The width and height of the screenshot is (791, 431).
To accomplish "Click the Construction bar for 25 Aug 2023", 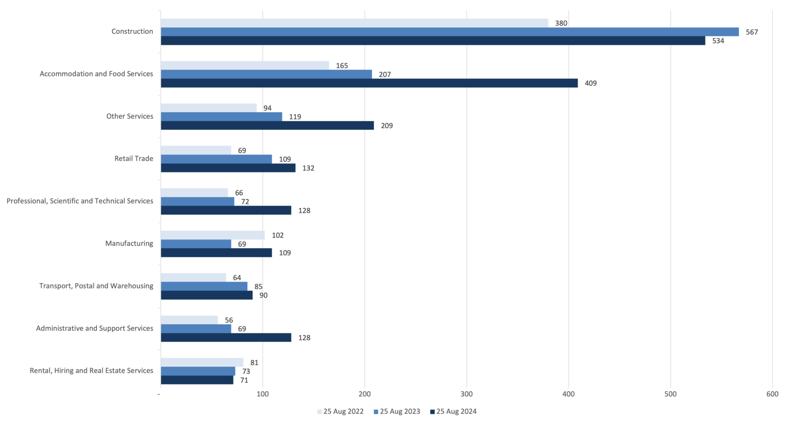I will (x=449, y=32).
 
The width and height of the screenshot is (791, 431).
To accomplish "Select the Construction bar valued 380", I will (x=354, y=23).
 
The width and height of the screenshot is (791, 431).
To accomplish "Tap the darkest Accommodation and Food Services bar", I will (x=369, y=83).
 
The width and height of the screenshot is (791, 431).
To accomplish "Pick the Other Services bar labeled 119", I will (x=221, y=117).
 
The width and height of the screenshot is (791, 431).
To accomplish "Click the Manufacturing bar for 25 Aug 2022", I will (x=213, y=235).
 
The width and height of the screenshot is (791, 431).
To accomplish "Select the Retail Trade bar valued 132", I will (x=228, y=168).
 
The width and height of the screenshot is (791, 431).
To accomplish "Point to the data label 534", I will (x=718, y=41).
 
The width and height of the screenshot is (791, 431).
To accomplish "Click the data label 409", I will (x=590, y=83).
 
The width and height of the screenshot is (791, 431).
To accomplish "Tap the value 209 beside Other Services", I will (x=386, y=126).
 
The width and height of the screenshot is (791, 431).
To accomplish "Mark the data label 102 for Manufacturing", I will (x=277, y=235).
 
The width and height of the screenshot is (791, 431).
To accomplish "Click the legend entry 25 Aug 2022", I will (x=340, y=411).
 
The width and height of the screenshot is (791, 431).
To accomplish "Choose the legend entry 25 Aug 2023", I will (x=397, y=411).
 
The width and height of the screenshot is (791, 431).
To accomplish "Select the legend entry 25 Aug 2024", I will (x=453, y=411).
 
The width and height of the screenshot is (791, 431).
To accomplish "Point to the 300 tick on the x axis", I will (x=466, y=394).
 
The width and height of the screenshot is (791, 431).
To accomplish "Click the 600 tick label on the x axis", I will (x=772, y=394).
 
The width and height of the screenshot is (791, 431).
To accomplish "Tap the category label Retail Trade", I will (x=133, y=158).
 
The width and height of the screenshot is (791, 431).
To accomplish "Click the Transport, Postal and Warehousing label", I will (x=96, y=286).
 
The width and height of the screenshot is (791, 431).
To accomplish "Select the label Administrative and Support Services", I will (x=94, y=328).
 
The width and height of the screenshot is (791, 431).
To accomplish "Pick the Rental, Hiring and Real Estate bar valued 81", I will (x=202, y=362).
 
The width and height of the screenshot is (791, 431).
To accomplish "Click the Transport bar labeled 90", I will (x=206, y=295).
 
